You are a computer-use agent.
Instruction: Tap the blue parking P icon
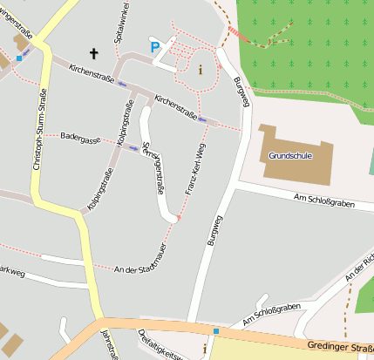click(x=155, y=47)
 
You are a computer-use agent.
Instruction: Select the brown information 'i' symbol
click(x=201, y=70)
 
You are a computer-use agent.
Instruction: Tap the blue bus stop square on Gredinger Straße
click(x=215, y=331)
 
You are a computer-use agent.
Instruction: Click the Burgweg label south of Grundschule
click(x=214, y=231)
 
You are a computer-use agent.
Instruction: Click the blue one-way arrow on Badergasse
click(x=133, y=148)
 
